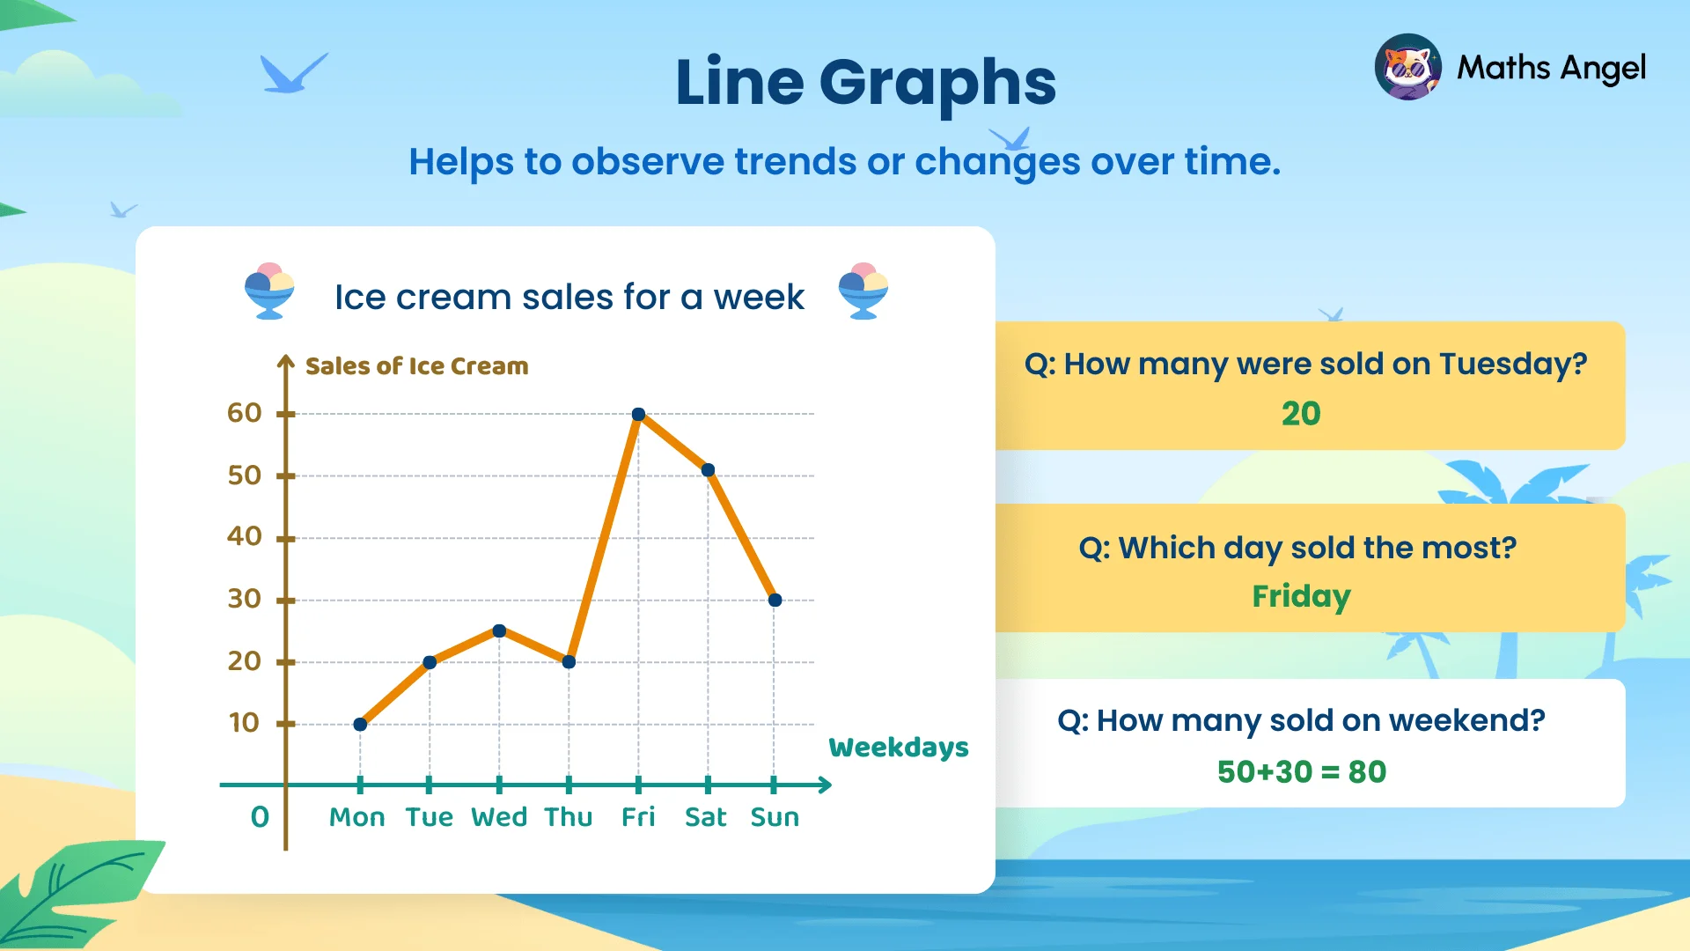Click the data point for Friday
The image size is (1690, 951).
point(639,414)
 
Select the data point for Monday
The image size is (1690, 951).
point(360,724)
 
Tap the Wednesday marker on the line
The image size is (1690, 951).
point(499,630)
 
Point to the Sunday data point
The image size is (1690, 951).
point(775,600)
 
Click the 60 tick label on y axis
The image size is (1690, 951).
point(245,413)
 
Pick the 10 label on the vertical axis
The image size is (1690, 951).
point(245,723)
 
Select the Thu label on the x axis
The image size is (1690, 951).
point(568,817)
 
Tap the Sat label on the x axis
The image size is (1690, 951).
point(706,817)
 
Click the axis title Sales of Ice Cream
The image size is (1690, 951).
point(416,366)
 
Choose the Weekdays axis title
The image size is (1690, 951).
point(898,748)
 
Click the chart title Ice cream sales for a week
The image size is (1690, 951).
point(569,298)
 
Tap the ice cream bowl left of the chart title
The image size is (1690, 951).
point(269,291)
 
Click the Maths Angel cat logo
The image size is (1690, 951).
point(1407,67)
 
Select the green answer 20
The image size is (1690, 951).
point(1301,414)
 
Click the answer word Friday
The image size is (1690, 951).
point(1301,596)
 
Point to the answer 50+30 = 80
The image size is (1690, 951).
point(1301,772)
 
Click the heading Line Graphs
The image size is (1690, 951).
point(865,82)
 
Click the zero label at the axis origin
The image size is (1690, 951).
point(260,817)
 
